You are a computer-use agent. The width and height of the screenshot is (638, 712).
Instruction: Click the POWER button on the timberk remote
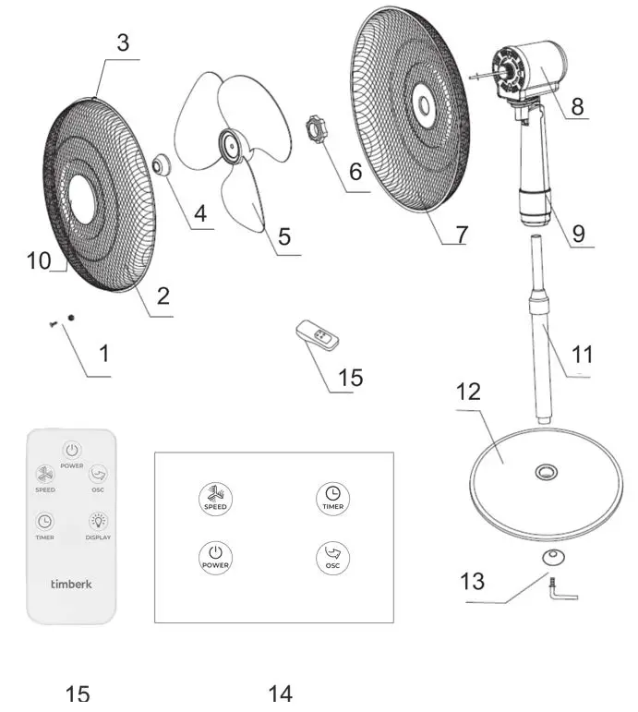[72, 451]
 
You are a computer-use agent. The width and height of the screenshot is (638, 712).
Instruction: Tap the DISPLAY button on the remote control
[99, 522]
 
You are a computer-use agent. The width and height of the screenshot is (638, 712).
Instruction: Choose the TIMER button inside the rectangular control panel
[333, 497]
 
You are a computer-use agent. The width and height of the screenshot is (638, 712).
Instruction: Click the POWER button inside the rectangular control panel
[215, 556]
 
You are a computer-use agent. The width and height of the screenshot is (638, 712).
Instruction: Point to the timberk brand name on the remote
[71, 584]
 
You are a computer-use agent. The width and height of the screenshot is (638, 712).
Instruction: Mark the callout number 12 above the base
[468, 392]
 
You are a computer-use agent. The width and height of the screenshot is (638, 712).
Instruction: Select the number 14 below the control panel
[280, 693]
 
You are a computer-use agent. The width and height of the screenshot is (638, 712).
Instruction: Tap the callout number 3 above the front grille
[123, 43]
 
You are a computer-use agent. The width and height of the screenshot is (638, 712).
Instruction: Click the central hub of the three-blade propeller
[227, 141]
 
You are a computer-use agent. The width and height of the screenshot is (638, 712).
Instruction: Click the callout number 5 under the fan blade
[284, 236]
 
